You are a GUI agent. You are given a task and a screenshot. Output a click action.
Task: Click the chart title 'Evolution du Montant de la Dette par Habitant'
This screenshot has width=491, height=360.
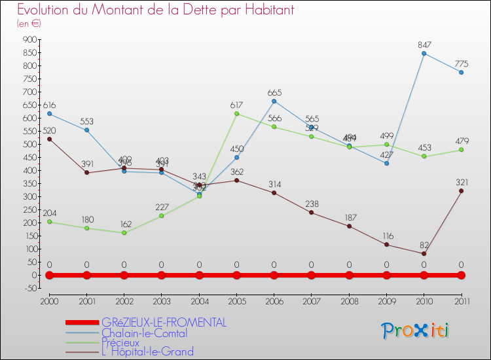coord(155,10)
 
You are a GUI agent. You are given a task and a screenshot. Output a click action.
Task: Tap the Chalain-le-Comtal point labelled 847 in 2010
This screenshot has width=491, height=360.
coord(424,53)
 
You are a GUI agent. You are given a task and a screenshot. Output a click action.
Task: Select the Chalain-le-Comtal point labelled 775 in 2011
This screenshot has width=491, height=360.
coord(462,72)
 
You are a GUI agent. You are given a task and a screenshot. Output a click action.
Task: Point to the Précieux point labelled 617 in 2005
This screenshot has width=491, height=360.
coord(236,113)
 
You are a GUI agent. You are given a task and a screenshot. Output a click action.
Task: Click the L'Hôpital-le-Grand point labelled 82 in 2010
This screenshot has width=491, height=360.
coord(424,253)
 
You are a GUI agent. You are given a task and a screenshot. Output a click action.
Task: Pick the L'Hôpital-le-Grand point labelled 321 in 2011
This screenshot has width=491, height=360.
coord(462,191)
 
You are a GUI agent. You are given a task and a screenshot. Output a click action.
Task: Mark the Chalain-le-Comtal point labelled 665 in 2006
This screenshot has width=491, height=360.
coord(274,101)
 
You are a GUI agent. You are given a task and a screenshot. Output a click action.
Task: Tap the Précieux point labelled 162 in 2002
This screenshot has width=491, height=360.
coord(124,232)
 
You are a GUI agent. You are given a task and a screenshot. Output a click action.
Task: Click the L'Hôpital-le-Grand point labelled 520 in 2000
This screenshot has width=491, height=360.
coord(49,139)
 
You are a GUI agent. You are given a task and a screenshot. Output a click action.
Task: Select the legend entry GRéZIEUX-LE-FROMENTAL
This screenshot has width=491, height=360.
coord(164,323)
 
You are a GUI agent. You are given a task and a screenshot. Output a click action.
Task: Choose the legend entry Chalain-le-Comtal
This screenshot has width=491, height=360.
coord(144,333)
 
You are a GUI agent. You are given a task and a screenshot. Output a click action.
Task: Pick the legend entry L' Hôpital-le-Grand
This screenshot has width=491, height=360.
coord(147,352)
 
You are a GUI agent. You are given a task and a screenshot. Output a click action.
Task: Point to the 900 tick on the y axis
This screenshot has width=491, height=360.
coord(30,39)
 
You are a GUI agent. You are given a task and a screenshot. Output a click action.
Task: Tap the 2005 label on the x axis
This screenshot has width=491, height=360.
coord(236,300)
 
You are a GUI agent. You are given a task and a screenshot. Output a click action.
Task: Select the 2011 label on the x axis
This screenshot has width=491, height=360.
coord(462,300)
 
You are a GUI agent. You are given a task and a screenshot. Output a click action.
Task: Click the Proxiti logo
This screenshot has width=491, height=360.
coord(416,331)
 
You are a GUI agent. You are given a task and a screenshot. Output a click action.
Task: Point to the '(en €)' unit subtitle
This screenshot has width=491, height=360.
coord(29,23)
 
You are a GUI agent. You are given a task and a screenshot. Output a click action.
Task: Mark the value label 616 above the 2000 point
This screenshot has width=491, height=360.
coord(50,105)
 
